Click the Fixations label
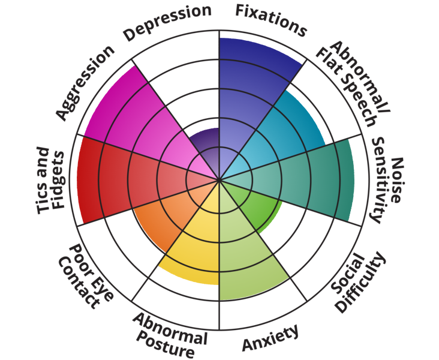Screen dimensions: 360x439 (x=270, y=19)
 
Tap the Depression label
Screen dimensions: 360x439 (x=167, y=22)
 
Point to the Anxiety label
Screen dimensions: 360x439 (x=270, y=339)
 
